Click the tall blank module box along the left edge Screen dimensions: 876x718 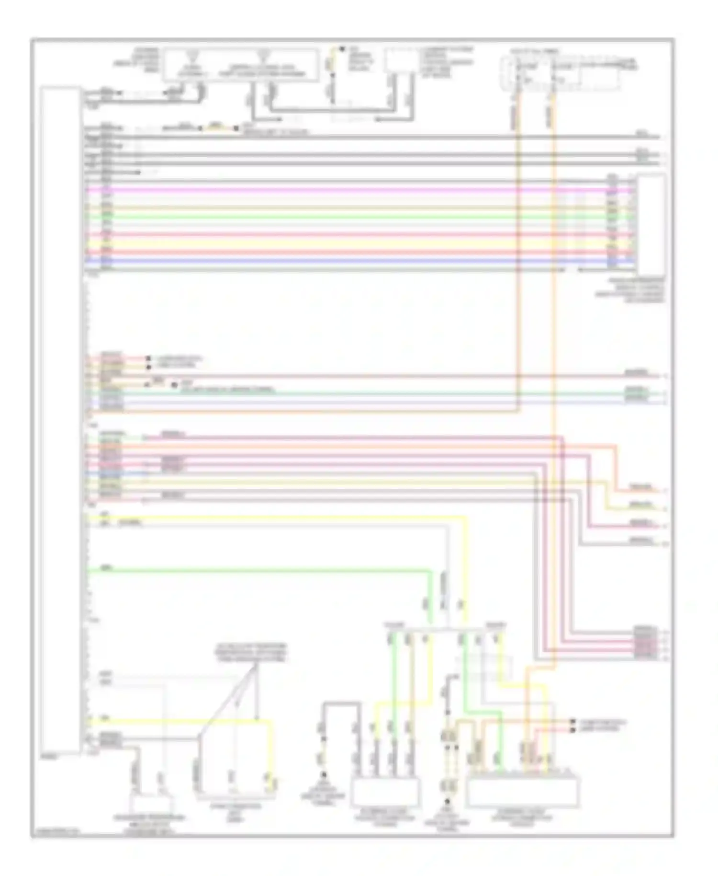pos(60,419)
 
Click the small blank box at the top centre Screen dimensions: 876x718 pos(402,60)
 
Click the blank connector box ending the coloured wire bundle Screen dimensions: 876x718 pos(651,225)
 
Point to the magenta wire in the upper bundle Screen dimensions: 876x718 pos(335,190)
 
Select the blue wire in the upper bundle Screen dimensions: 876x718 pos(335,261)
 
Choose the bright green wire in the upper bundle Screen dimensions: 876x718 pos(335,217)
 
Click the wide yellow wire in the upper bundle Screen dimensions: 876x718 pos(335,243)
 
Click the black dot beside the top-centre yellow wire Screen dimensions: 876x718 pos(342,49)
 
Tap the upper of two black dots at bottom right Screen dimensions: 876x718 pos(572,721)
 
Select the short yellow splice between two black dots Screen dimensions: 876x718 pos(218,128)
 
